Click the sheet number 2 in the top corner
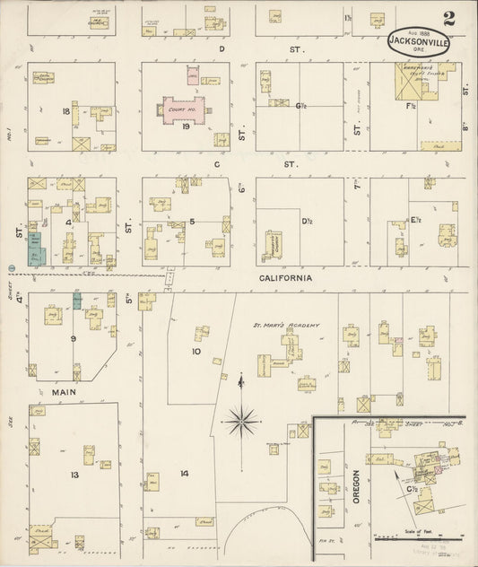(448, 18)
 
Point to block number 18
(65, 111)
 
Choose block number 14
(184, 473)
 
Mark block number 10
(196, 352)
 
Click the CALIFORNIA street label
(285, 279)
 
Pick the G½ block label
(301, 105)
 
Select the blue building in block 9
(77, 300)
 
